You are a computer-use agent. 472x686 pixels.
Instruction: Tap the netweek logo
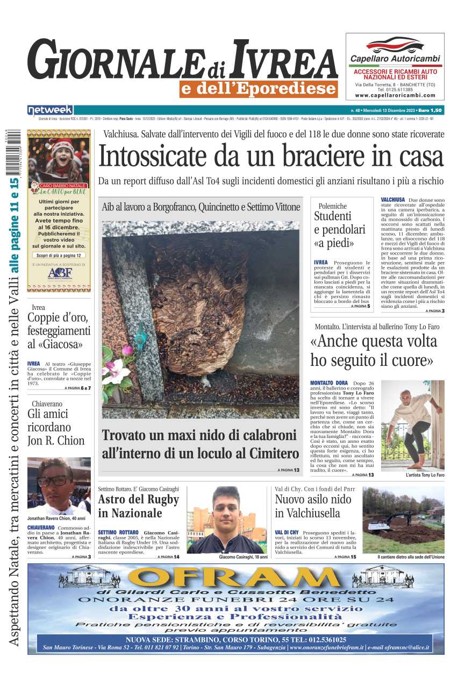pos(50,110)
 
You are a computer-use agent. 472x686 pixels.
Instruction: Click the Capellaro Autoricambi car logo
pos(395,45)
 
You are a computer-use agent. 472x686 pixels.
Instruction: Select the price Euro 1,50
pos(430,110)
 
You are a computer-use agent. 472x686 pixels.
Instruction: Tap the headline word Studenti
pos(333,216)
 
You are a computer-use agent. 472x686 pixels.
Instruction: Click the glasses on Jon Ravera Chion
pos(53,480)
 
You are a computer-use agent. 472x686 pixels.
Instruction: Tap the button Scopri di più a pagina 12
pos(59,256)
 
